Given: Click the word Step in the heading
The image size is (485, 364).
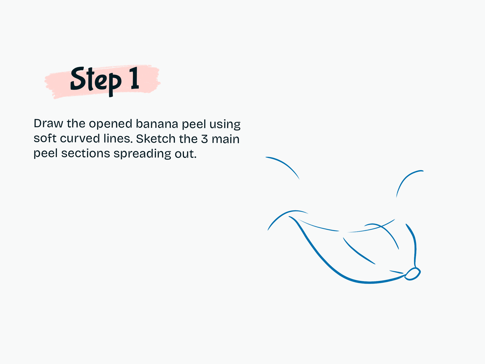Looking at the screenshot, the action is pos(96,81).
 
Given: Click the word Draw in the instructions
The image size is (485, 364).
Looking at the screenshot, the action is pos(48,123).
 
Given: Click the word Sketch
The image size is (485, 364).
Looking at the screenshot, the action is pos(156,139).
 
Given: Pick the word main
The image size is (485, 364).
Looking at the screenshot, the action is pos(226,139).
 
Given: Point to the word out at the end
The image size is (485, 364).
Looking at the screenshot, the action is pos(186,154).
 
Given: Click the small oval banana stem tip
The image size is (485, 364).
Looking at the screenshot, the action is pos(413,274).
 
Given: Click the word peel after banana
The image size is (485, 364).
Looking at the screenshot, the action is pos(194,124).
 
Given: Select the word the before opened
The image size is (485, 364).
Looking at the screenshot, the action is pos(76,123).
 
